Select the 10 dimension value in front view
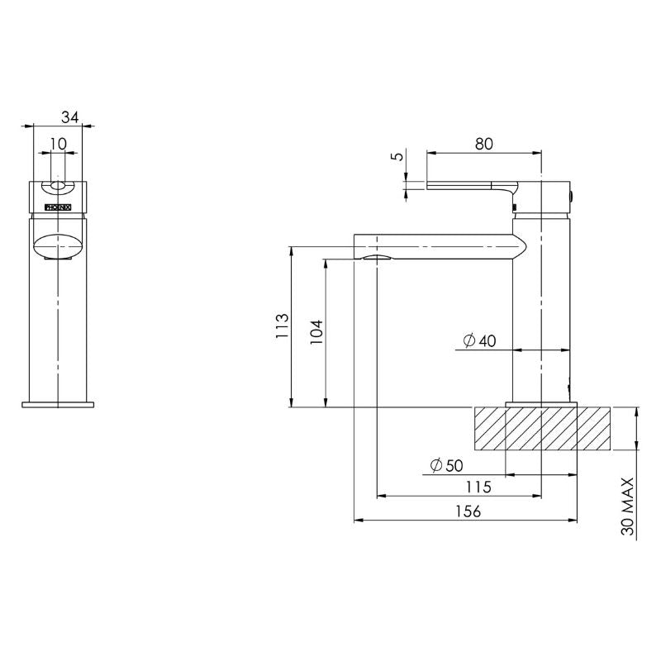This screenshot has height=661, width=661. (58, 144)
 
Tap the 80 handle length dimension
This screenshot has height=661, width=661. (483, 143)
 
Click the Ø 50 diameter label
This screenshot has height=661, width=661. (446, 466)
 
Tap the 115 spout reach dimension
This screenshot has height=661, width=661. (477, 487)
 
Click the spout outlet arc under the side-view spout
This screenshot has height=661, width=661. (376, 258)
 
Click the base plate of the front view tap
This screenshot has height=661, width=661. (58, 404)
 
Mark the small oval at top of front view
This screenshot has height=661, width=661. (58, 186)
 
